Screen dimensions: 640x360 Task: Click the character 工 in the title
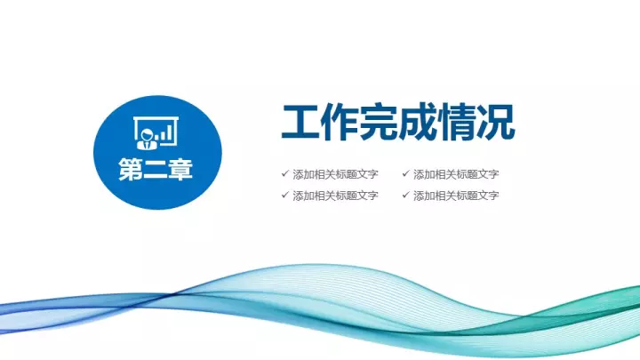pos(300,123)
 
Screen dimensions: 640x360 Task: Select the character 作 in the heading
pos(339,123)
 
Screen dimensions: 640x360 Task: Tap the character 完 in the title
pos(378,123)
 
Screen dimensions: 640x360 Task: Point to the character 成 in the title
pos(417,123)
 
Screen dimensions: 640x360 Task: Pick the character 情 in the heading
pos(456,123)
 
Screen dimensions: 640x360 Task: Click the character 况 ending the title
pos(495,123)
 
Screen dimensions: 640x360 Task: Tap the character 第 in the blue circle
pos(131,169)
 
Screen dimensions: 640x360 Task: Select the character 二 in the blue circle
pos(156,169)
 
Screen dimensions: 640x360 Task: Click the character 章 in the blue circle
pos(180,169)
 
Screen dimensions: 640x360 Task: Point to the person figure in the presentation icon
pos(147,139)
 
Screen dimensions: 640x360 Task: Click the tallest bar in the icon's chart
pos(172,131)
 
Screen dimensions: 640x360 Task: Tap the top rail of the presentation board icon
pos(156,119)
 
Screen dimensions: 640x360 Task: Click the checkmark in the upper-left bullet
pos(285,173)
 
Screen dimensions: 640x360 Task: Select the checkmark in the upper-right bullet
pos(405,173)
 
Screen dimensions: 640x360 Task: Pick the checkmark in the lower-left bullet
pos(285,195)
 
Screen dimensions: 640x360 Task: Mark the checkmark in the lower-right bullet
pos(405,195)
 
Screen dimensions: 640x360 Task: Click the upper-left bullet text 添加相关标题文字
pos(335,174)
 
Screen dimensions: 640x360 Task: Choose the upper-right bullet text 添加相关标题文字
pos(456,174)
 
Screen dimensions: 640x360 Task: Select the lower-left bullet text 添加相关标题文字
pos(335,196)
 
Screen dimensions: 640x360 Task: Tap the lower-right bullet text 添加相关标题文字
pos(456,196)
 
